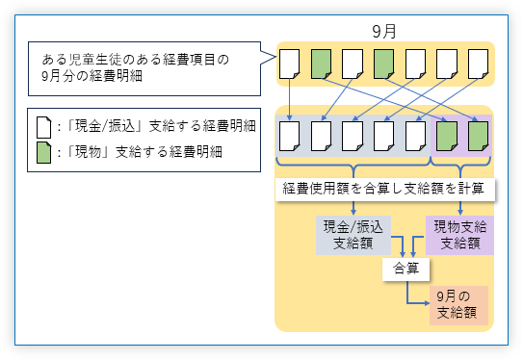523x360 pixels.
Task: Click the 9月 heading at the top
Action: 384,31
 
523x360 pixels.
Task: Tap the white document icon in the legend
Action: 44,126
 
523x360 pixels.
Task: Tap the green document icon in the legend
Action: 44,152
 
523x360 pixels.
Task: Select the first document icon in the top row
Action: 289,64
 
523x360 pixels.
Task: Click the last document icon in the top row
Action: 478,64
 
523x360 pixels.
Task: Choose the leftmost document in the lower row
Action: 289,135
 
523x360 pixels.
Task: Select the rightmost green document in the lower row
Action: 478,135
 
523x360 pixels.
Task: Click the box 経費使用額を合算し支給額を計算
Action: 385,190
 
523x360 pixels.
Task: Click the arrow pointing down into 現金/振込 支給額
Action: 353,208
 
